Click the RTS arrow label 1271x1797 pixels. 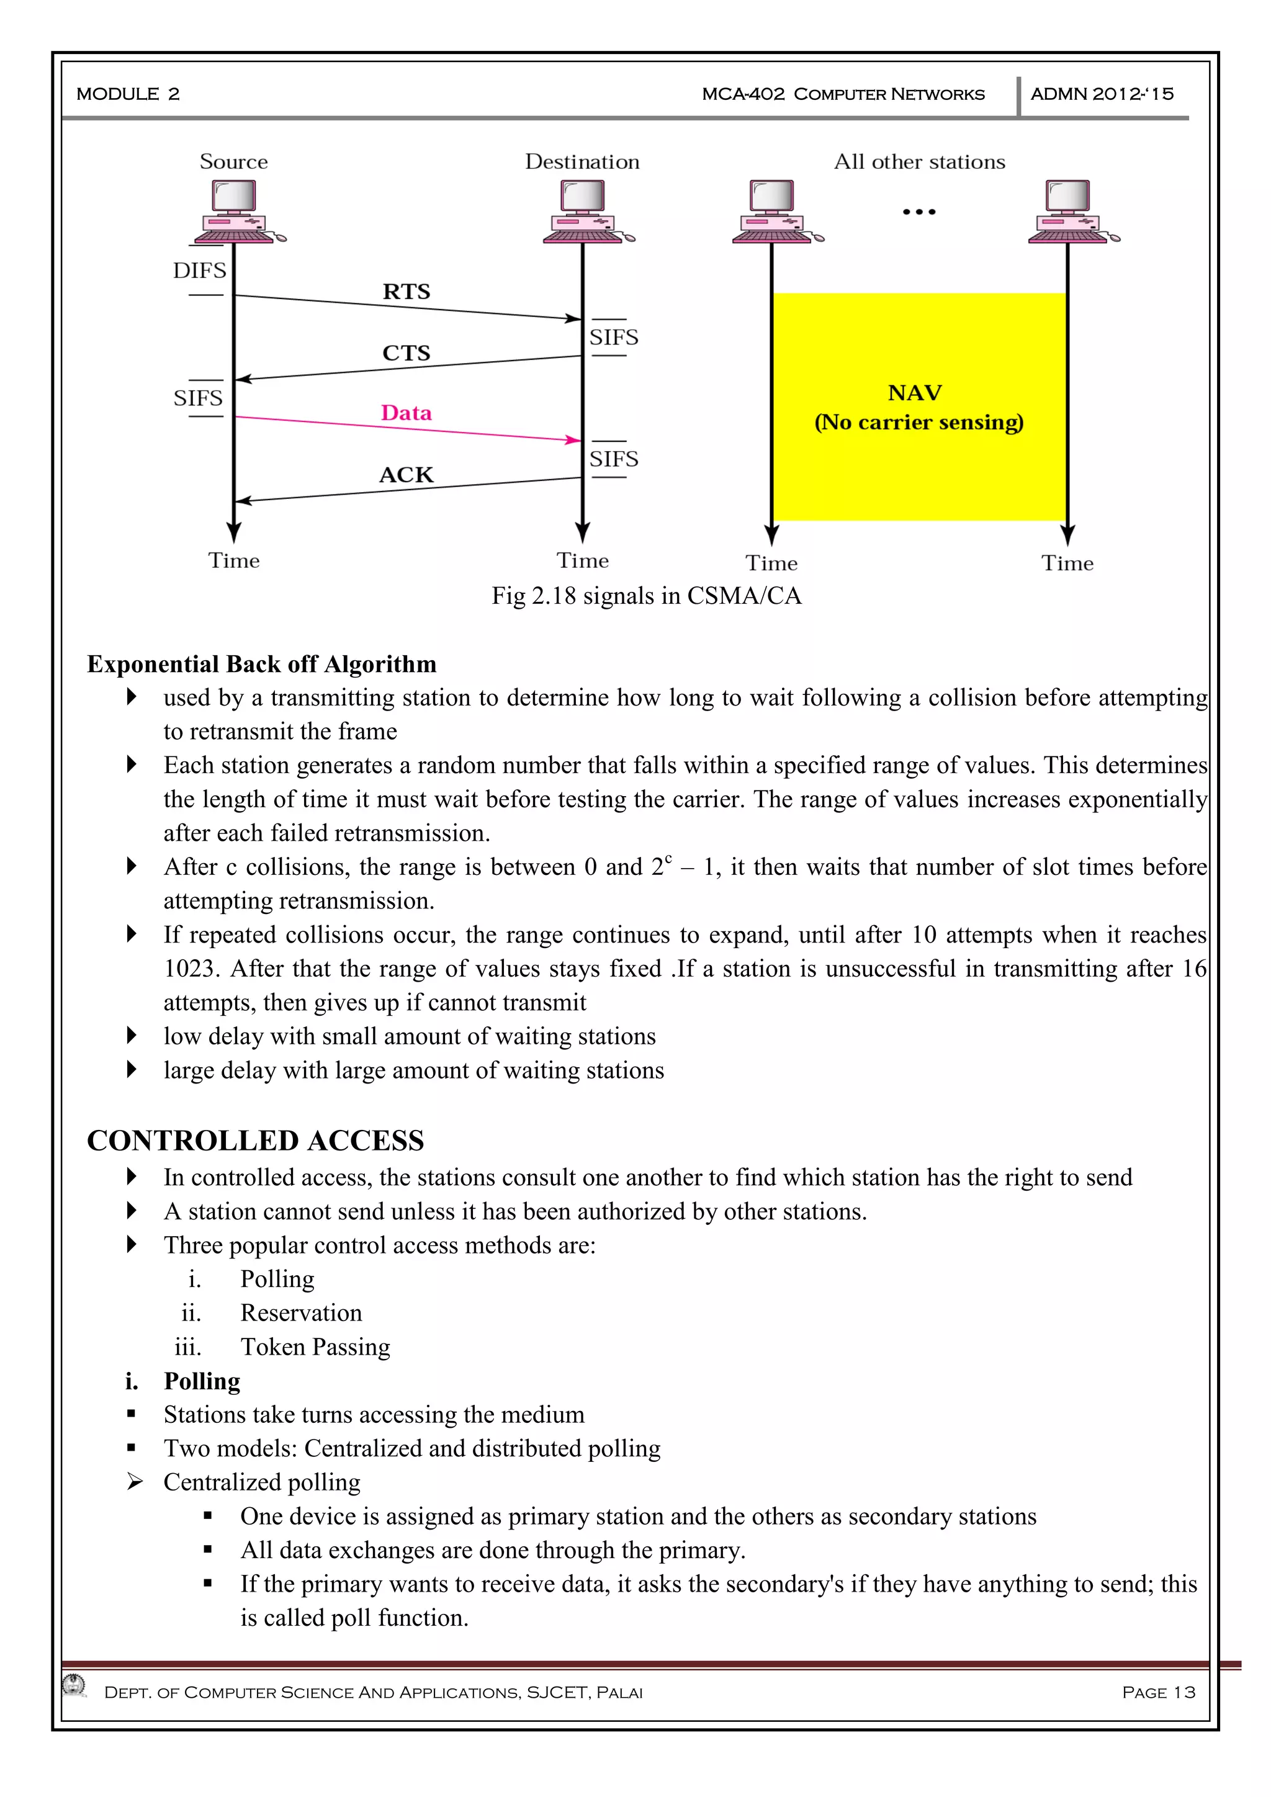point(406,292)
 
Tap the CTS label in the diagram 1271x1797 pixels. point(406,353)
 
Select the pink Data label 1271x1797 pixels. point(406,413)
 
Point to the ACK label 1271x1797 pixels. point(406,475)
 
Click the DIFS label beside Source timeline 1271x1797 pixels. point(200,271)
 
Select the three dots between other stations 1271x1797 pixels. point(919,212)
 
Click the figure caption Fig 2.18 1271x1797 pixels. point(647,596)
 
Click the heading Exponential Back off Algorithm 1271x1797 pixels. point(261,665)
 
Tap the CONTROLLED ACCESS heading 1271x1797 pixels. point(255,1141)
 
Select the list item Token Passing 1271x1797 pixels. point(315,1347)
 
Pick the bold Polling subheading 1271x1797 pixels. point(201,1381)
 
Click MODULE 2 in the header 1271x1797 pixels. point(128,94)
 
